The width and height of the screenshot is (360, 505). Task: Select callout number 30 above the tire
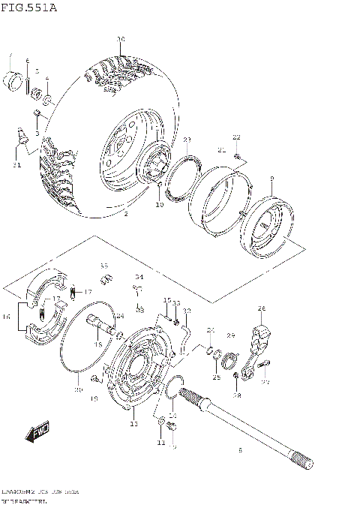[x=120, y=39]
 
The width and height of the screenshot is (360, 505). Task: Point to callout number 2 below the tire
[x=125, y=215]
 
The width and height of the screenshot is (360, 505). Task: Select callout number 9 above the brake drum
[x=271, y=178]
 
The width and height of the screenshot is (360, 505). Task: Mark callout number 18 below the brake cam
[x=97, y=344]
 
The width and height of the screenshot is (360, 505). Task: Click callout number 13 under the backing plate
[x=133, y=424]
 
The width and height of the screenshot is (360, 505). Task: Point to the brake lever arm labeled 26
[x=259, y=337]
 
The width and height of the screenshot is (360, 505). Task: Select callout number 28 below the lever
[x=237, y=395]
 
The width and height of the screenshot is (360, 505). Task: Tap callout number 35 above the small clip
[x=104, y=266]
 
